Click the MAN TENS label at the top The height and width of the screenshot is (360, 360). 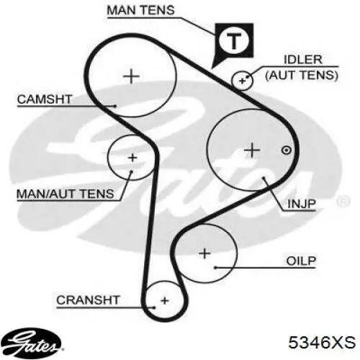point(140,10)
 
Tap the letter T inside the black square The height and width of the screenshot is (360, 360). point(234,41)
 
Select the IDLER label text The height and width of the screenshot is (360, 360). point(303,60)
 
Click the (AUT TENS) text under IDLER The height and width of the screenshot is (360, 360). point(302,75)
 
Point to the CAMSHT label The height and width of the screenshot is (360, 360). point(45,99)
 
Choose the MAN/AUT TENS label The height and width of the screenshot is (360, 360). point(66,194)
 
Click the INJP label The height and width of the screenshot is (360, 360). point(302,204)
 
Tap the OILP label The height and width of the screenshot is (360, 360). point(301,261)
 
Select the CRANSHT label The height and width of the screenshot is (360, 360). point(88,300)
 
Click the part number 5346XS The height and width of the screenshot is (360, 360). point(322,342)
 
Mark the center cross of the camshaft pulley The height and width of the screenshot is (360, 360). point(131,76)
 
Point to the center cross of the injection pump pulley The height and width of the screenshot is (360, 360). point(252,150)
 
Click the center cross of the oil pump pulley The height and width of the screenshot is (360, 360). point(204,253)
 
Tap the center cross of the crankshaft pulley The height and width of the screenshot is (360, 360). point(165,300)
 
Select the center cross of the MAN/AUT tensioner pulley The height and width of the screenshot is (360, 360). point(132,158)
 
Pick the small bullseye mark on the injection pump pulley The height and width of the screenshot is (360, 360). point(287,150)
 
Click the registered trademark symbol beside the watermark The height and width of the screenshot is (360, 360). point(343,202)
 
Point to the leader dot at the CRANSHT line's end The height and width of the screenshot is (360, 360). point(154,307)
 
